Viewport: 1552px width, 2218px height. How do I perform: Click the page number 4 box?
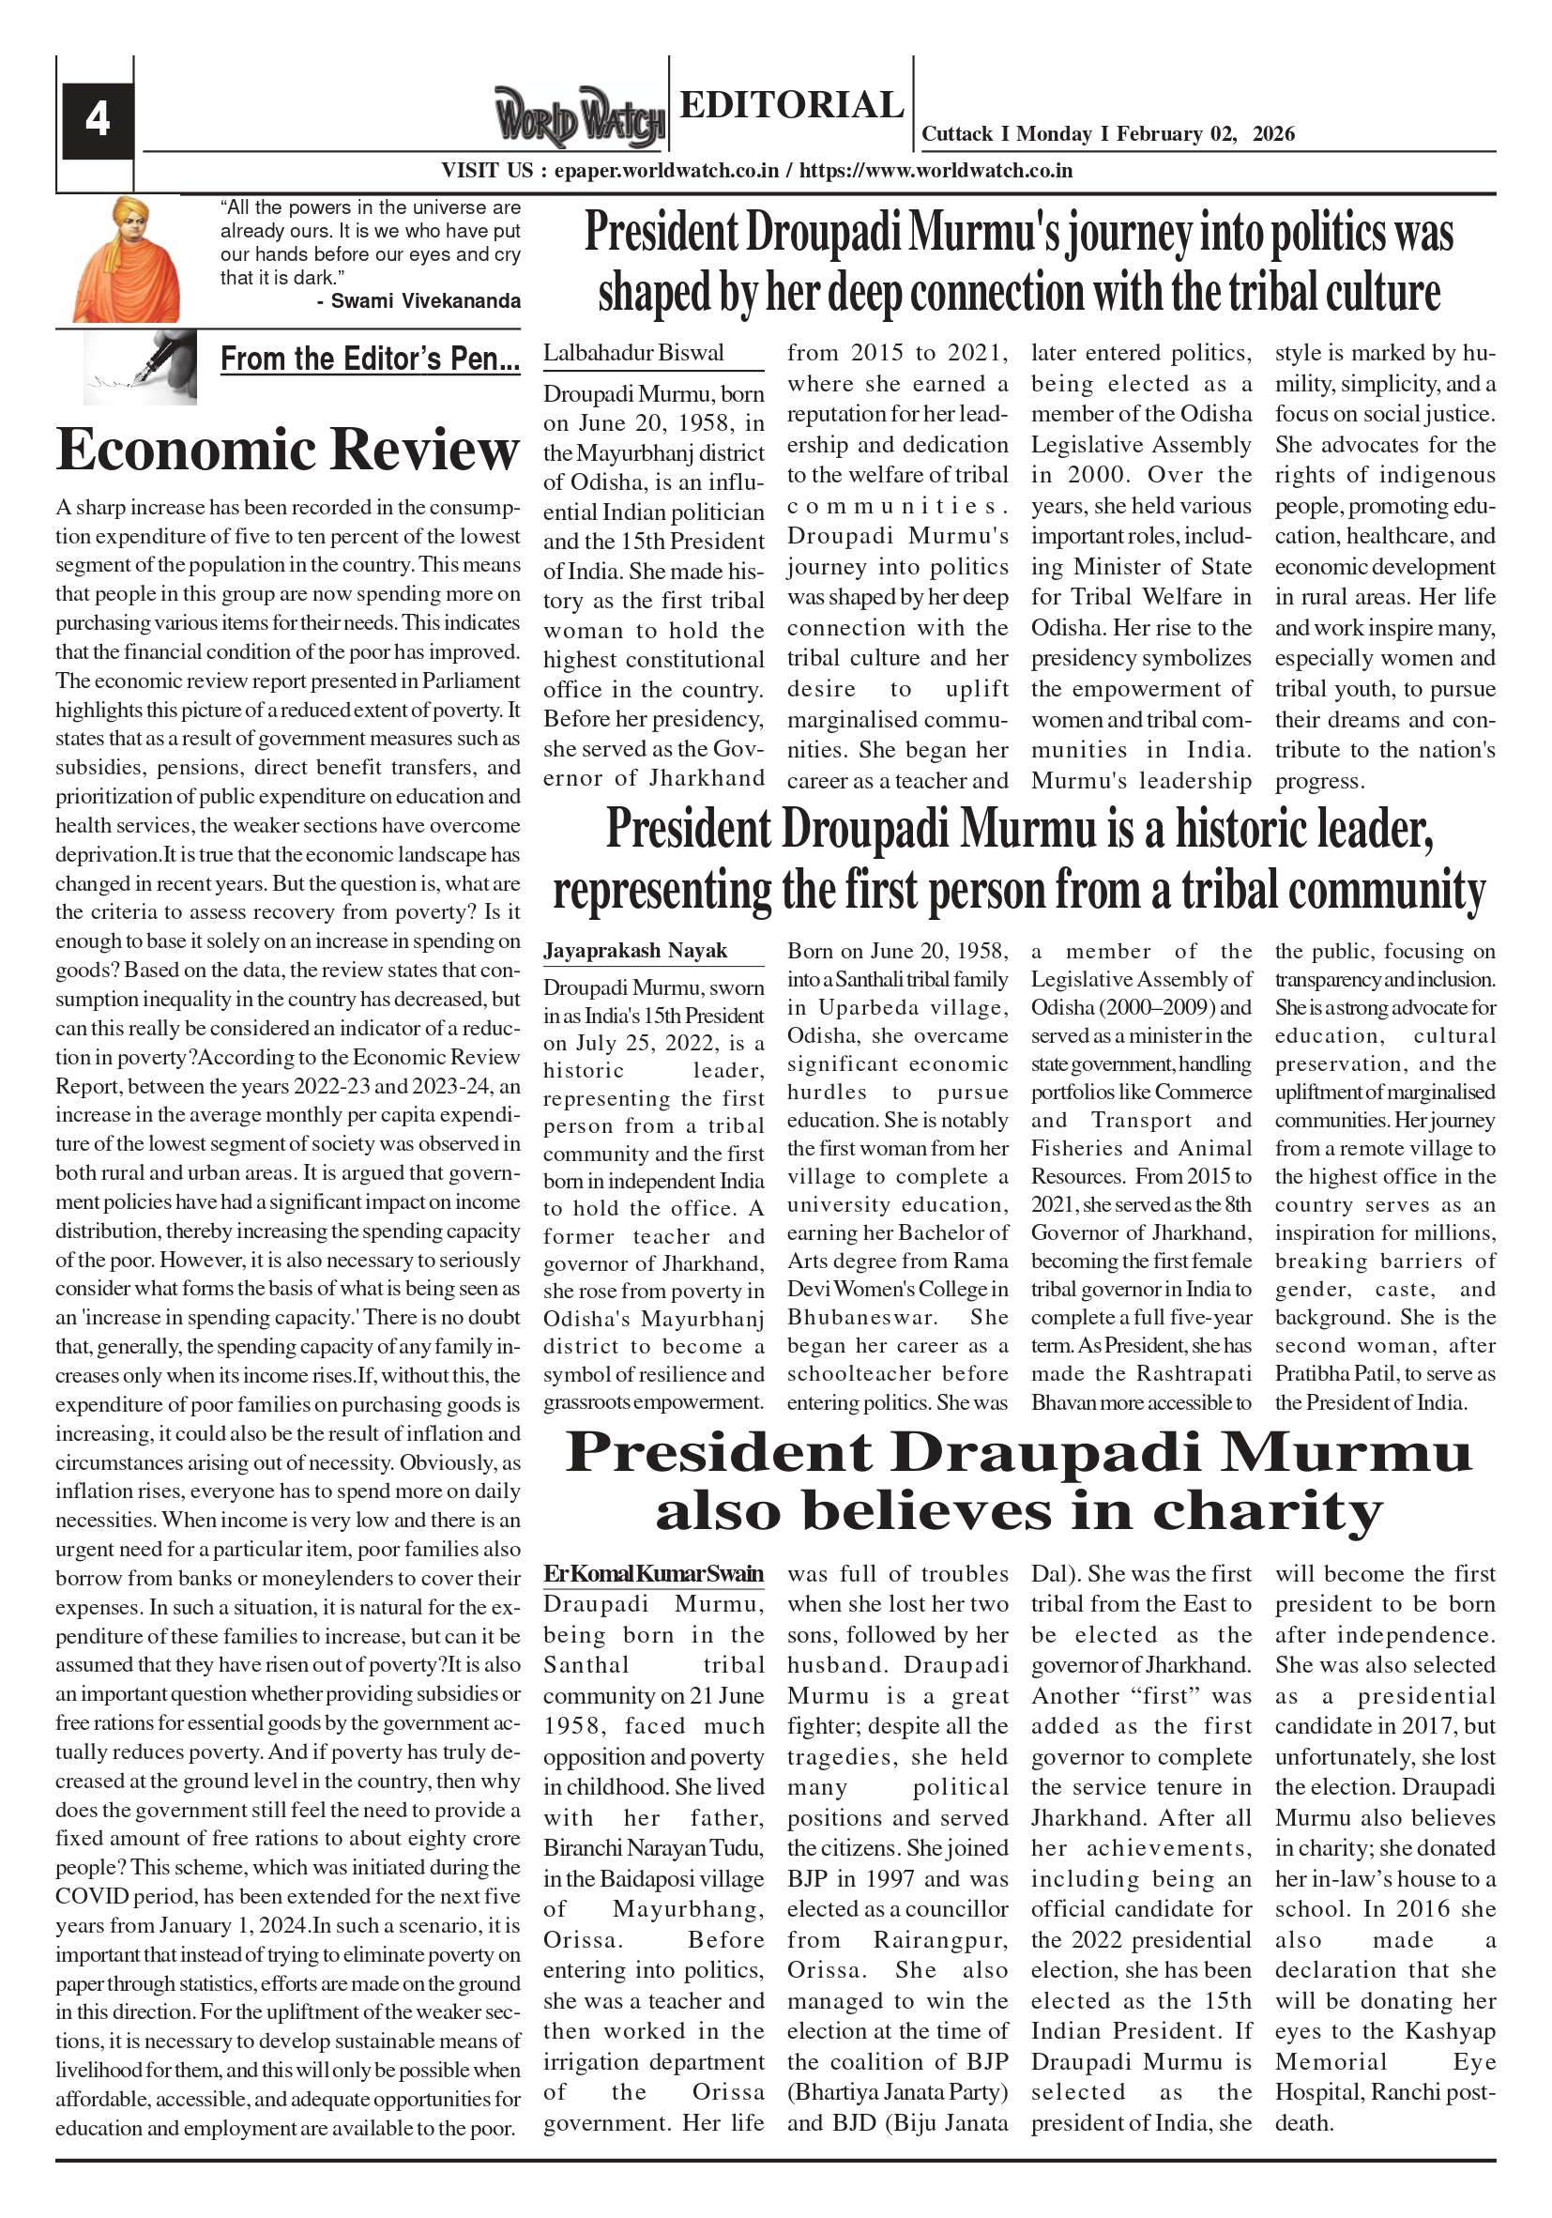(x=98, y=120)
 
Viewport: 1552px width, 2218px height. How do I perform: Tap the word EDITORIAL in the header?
(x=791, y=104)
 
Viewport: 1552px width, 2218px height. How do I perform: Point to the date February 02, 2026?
(x=1206, y=134)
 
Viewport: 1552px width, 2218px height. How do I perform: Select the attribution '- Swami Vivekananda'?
(x=418, y=301)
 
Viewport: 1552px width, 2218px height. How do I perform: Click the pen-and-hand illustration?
(x=140, y=367)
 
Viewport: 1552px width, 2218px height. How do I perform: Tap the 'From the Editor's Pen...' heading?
(x=370, y=359)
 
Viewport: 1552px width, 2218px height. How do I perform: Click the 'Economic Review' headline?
(x=288, y=450)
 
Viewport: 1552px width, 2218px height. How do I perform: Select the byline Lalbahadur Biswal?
(x=632, y=353)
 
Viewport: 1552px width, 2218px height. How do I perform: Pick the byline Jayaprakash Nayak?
(x=634, y=951)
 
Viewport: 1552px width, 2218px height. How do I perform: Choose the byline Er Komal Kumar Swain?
(x=653, y=1574)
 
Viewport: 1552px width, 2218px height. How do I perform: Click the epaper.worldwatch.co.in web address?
(x=667, y=171)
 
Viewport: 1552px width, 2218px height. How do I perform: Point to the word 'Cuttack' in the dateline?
(x=957, y=134)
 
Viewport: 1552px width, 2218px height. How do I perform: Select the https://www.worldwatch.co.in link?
(x=936, y=171)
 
